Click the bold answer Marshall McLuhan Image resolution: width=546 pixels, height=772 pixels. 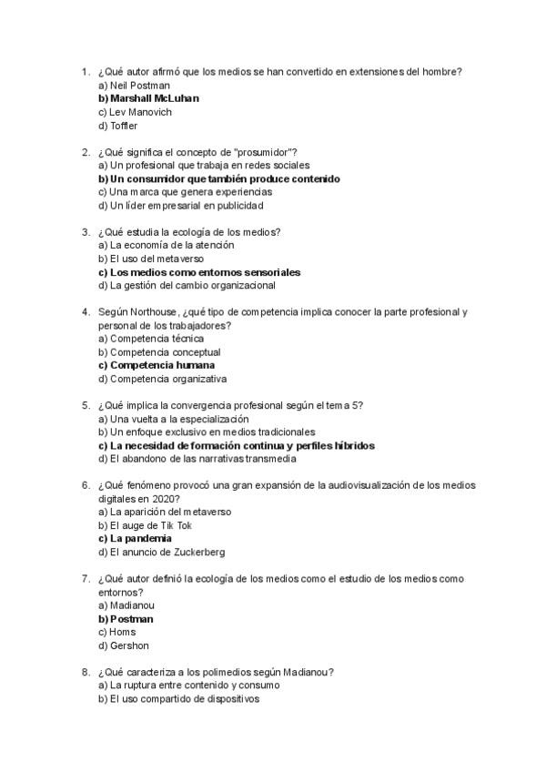(x=148, y=98)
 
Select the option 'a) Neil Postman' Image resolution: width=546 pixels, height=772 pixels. (x=134, y=85)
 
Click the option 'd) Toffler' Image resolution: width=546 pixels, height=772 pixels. (x=117, y=126)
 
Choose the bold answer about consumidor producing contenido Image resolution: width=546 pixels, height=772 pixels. (x=218, y=179)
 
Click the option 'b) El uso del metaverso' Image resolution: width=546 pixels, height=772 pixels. (x=150, y=259)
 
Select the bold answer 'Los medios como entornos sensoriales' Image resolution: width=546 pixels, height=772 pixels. (x=199, y=272)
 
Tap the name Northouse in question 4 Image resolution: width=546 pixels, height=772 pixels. (x=154, y=312)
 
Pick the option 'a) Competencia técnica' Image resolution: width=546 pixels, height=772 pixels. (x=151, y=339)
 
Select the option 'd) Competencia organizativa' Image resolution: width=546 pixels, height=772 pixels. (x=162, y=379)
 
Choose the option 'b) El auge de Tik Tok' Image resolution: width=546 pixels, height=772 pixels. (x=145, y=525)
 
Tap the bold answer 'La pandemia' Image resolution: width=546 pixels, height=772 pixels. (x=134, y=539)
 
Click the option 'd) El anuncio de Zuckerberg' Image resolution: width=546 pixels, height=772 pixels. (x=161, y=553)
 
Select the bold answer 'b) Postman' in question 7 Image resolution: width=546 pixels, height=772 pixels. (x=125, y=619)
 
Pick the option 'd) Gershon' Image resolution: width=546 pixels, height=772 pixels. (x=120, y=645)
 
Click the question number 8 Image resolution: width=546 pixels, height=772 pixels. (x=84, y=673)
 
